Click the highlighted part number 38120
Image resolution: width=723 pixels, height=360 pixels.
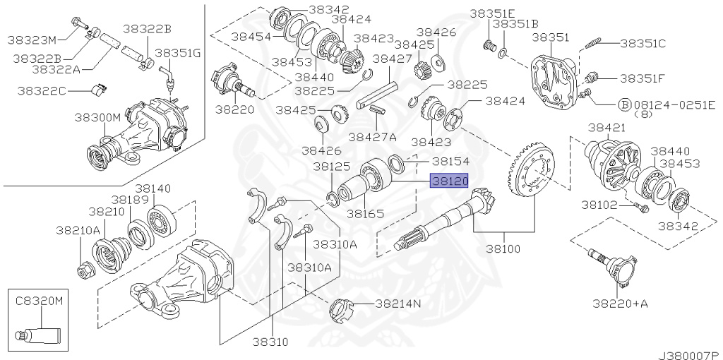pos(450,181)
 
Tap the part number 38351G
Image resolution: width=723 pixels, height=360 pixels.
pos(178,53)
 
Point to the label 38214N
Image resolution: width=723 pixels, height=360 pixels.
pos(398,304)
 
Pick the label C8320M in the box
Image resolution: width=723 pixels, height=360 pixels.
pos(40,300)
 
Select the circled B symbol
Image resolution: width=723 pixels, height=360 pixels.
pos(623,104)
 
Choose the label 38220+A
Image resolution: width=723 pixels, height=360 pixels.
pos(619,304)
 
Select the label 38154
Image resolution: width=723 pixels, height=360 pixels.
pos(450,161)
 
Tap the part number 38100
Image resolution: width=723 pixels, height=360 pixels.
pos(502,249)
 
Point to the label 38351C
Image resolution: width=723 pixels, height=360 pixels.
pos(643,43)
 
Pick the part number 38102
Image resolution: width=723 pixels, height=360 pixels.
pos(599,206)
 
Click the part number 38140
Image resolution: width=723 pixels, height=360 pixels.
pos(153,188)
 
